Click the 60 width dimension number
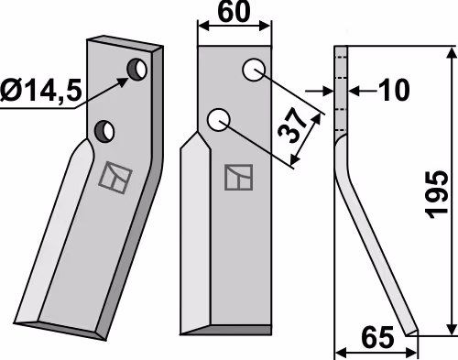234,12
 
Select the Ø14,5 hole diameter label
41,91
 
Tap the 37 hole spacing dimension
293,125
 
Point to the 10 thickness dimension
393,91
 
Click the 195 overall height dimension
437,195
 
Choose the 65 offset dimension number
377,338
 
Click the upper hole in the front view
254,70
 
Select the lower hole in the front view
218,120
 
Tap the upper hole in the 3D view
137,70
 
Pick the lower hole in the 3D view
104,131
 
